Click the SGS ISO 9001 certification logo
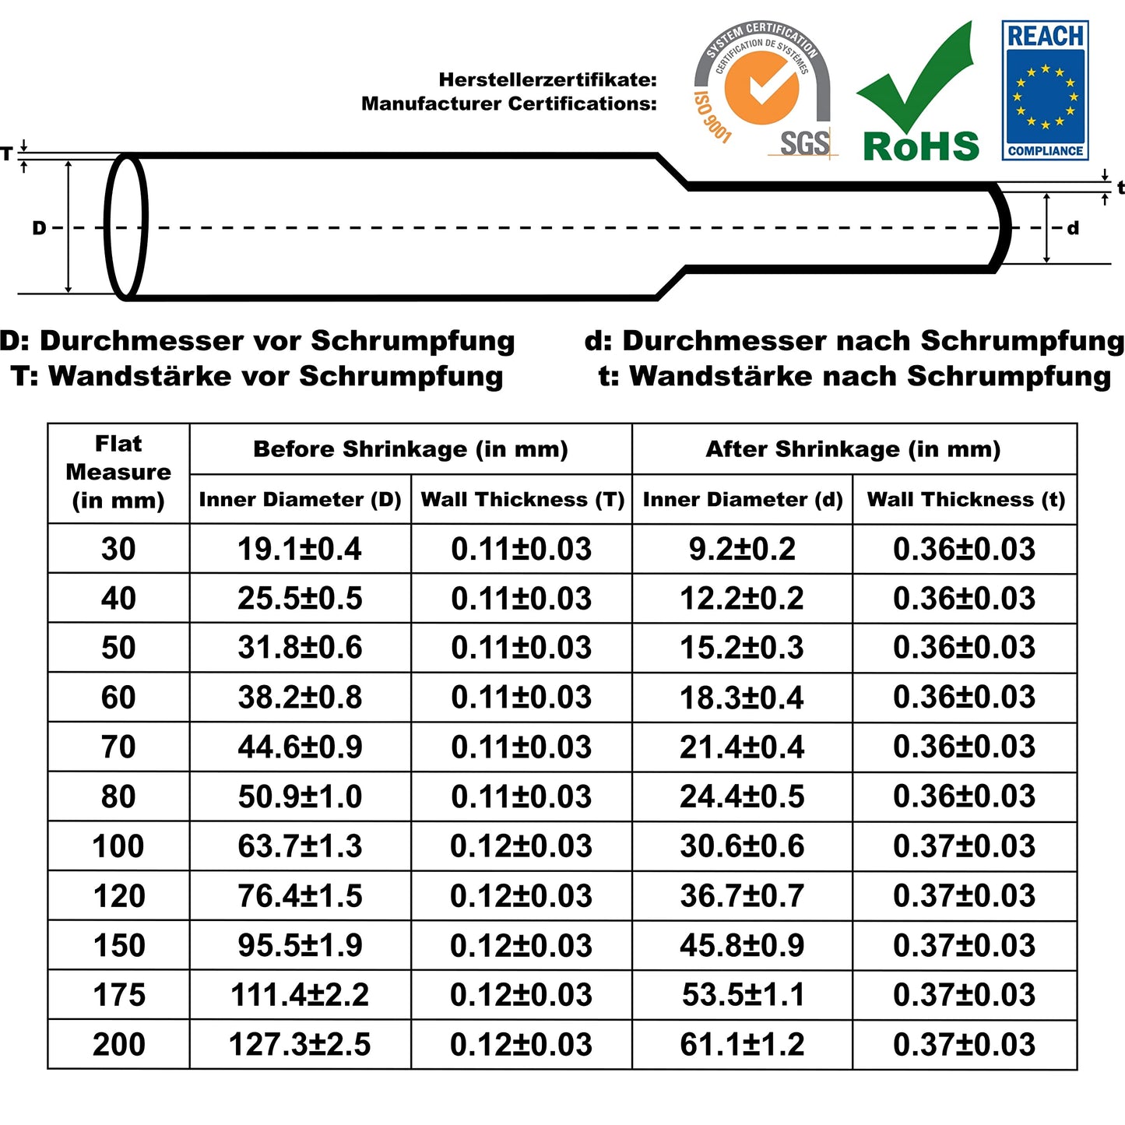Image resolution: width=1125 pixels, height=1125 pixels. click(762, 90)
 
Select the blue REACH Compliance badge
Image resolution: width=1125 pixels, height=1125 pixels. click(1045, 91)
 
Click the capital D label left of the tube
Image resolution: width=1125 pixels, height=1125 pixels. click(39, 228)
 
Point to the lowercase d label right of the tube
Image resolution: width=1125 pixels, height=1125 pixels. click(1073, 228)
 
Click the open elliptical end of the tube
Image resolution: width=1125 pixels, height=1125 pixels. click(126, 227)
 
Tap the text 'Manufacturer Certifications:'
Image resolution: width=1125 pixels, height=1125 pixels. click(509, 104)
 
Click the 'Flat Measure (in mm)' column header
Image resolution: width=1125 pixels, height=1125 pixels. click(118, 473)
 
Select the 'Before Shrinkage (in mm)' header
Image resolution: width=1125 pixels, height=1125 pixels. click(410, 449)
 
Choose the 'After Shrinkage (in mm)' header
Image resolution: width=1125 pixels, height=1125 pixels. click(853, 449)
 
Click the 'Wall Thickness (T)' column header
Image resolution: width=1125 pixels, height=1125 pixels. click(522, 500)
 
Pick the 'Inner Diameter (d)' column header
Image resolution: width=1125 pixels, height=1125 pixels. click(743, 500)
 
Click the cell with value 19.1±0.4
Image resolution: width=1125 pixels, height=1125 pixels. click(300, 549)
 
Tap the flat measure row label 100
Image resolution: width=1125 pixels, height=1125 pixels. click(118, 846)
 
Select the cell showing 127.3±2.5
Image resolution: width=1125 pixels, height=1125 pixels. click(300, 1045)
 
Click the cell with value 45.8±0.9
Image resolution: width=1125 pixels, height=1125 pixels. click(742, 945)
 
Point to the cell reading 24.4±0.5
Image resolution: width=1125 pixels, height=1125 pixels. click(742, 796)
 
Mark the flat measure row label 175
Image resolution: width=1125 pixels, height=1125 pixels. click(118, 995)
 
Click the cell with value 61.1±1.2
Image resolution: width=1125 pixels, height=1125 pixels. click(742, 1045)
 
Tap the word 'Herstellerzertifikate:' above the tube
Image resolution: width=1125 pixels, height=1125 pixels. click(547, 79)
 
